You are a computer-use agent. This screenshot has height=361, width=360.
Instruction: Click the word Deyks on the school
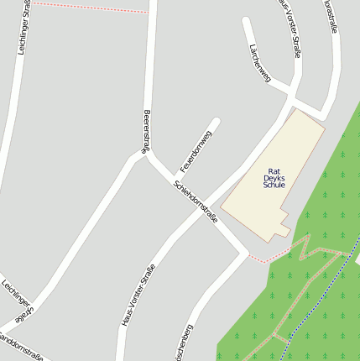(x=274, y=178)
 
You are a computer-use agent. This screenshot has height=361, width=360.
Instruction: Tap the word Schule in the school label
(x=274, y=186)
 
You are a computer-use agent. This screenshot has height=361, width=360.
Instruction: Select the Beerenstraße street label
(x=147, y=131)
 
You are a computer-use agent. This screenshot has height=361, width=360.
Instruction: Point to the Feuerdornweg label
(x=196, y=151)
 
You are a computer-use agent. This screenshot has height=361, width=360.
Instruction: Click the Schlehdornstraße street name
(x=196, y=201)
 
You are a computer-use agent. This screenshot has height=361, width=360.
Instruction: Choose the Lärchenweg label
(x=260, y=64)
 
